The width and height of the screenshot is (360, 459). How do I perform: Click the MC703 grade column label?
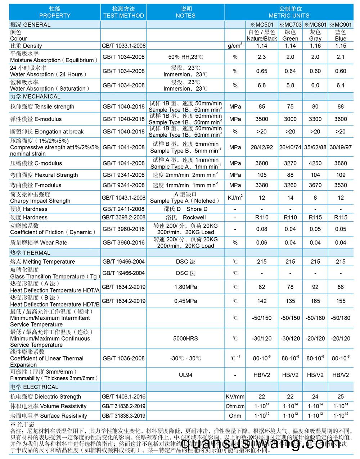click(x=291, y=25)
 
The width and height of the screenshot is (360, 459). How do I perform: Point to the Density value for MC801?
click(x=315, y=46)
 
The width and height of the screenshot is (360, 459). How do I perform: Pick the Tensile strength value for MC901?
click(x=341, y=106)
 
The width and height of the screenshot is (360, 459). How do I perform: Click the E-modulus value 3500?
click(x=262, y=119)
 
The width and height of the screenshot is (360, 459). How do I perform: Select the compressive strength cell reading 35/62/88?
click(x=315, y=147)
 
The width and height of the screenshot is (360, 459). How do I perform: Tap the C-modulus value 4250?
click(x=315, y=163)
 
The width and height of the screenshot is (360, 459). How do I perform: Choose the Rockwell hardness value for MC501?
click(x=262, y=217)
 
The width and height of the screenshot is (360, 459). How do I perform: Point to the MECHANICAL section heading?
click(x=35, y=96)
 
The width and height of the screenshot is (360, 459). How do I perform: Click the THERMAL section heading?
click(x=30, y=253)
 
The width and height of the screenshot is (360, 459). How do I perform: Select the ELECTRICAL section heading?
click(x=34, y=387)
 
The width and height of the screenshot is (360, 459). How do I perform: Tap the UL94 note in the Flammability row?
click(x=185, y=375)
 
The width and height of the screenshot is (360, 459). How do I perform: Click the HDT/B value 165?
click(x=315, y=301)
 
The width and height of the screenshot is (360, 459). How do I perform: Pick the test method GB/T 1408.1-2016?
click(x=124, y=396)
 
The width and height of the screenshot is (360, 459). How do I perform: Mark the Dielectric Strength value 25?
click(x=341, y=396)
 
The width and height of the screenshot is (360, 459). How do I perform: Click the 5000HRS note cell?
click(x=185, y=338)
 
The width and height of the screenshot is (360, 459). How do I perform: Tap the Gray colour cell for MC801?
click(x=315, y=35)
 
